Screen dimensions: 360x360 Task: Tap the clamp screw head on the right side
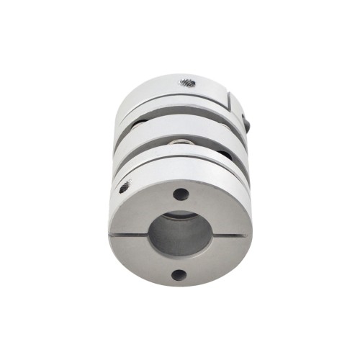[x=247, y=125]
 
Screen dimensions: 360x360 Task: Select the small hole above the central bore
[x=181, y=194]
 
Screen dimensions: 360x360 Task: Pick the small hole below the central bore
[x=178, y=274]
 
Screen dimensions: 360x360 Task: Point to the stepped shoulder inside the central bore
[x=180, y=217]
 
